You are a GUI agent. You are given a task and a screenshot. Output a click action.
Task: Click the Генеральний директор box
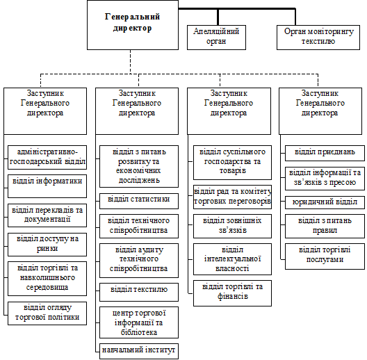(x=133, y=25)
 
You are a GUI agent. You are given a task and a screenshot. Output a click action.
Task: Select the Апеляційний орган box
(x=216, y=38)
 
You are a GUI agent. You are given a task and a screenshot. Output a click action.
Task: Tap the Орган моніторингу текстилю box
(x=318, y=38)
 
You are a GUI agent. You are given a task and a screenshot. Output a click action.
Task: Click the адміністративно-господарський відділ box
(x=47, y=157)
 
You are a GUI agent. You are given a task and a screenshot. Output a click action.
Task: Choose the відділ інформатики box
(x=47, y=186)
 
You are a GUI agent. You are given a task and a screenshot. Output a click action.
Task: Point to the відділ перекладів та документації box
(x=47, y=215)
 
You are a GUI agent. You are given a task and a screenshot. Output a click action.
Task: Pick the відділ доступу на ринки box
(x=47, y=245)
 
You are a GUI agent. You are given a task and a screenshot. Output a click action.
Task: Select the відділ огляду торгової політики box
(x=47, y=313)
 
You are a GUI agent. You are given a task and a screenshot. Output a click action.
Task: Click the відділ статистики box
(x=139, y=201)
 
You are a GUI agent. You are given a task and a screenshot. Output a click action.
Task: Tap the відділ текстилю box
(x=139, y=292)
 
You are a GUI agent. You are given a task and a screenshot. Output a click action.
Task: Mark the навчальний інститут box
(x=139, y=351)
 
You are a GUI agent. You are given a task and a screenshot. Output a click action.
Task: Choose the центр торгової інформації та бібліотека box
(x=139, y=322)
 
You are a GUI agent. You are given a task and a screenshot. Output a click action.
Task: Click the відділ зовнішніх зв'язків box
(x=232, y=226)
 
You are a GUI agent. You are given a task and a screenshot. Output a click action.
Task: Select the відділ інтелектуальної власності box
(x=232, y=259)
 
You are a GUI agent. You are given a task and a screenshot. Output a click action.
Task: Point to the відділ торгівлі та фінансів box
(x=232, y=293)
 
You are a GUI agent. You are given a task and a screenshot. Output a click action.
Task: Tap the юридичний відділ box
(x=325, y=202)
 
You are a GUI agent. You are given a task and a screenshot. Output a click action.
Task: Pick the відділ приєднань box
(x=325, y=153)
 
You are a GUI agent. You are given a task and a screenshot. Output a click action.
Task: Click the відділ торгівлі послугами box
(x=325, y=256)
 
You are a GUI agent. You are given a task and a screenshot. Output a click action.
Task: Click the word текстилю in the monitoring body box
(x=318, y=42)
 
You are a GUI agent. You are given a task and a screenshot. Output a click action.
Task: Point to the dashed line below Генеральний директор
(x=131, y=62)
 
